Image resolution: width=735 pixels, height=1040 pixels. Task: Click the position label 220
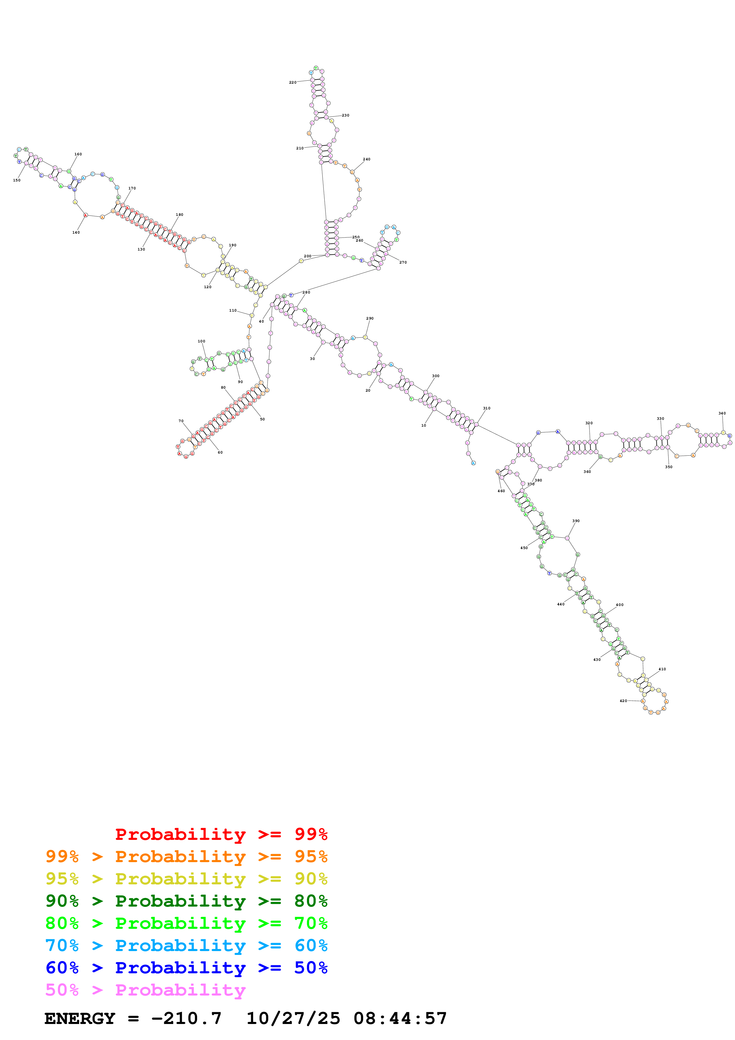293,82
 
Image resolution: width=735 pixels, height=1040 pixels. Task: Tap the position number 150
17,180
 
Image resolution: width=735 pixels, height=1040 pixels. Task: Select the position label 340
722,413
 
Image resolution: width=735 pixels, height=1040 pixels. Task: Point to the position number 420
623,701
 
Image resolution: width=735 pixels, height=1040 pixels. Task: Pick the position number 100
202,341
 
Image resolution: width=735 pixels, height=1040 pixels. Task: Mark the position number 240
367,159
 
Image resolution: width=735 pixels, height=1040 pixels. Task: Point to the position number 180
180,215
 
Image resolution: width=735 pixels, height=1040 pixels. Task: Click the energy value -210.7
186,1019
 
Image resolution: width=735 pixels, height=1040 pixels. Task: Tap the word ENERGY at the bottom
80,1019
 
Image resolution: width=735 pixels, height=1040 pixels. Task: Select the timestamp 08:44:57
400,1019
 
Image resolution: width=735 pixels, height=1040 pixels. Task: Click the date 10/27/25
294,1019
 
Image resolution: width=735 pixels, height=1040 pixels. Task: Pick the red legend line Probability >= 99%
221,834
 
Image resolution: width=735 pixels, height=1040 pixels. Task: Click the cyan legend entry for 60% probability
186,945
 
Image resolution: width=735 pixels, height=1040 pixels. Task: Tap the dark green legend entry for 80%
186,901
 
